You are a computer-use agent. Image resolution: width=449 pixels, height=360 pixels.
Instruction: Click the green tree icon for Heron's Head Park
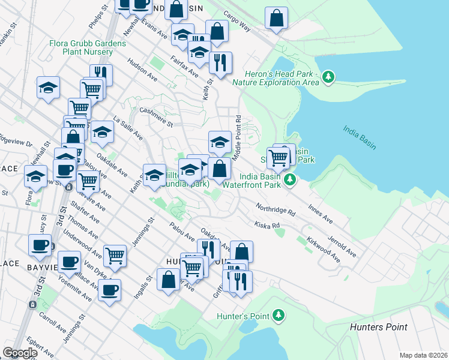click(x=328, y=77)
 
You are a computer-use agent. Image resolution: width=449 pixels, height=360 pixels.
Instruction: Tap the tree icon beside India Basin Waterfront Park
click(x=290, y=179)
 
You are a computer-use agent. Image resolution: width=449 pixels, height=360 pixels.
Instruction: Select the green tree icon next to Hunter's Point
click(x=278, y=315)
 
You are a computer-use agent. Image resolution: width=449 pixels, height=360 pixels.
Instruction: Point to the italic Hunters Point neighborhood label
click(x=378, y=327)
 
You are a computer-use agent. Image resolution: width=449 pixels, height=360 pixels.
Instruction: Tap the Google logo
click(x=20, y=353)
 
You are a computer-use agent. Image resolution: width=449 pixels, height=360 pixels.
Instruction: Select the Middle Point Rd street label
click(x=238, y=133)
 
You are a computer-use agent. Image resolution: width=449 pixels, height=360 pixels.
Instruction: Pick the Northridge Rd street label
click(x=275, y=209)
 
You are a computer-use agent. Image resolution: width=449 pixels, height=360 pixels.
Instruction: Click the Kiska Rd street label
click(x=267, y=226)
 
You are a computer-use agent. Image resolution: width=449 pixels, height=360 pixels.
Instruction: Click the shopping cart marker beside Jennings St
click(x=115, y=255)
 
